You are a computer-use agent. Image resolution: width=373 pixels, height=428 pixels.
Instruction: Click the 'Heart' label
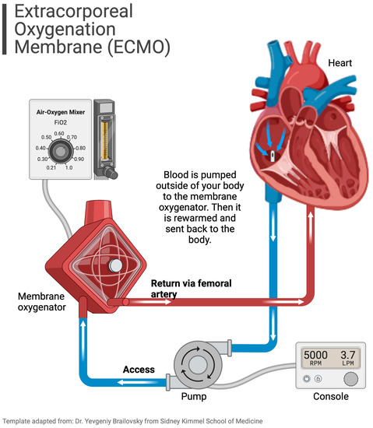(x=342, y=61)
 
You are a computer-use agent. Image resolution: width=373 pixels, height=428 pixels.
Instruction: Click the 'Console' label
(x=329, y=397)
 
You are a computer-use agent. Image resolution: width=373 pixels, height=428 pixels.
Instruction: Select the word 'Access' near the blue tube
(x=139, y=369)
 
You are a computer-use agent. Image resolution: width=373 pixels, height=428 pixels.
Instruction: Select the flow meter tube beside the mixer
(x=103, y=140)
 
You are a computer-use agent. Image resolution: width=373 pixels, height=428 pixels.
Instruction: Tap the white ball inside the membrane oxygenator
(x=116, y=265)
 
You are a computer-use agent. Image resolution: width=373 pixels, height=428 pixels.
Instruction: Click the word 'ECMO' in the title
(x=142, y=46)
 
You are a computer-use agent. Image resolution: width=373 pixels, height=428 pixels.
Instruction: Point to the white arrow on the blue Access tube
(x=128, y=382)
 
